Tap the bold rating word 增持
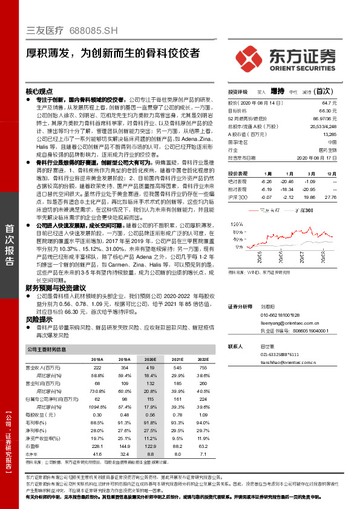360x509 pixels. [x=277, y=91]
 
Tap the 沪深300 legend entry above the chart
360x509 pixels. [x=305, y=210]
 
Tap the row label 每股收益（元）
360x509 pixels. [x=42, y=415]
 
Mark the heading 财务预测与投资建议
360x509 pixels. [x=56, y=288]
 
